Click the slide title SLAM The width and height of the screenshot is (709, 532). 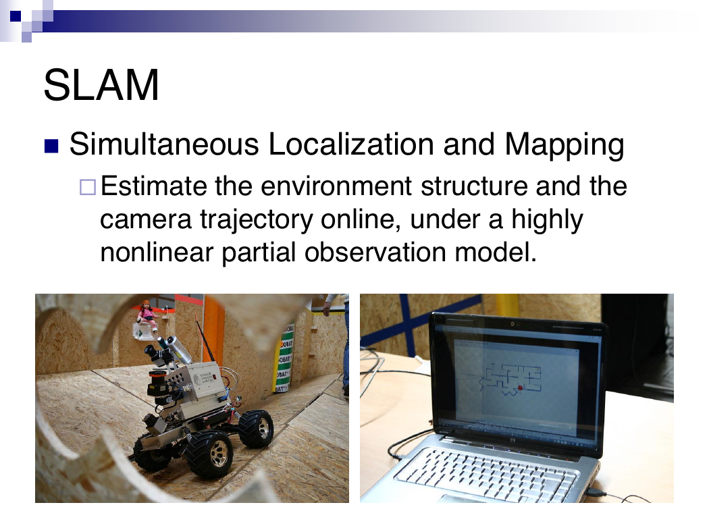101,85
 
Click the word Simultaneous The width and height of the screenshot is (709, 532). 164,144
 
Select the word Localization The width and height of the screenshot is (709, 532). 351,144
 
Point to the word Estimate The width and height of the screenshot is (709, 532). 153,186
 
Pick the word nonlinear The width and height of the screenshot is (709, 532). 157,252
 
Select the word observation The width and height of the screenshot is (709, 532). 375,252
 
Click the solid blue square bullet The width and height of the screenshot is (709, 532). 51,146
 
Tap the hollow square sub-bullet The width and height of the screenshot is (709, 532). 88,187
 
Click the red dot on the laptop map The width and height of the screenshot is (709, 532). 520,388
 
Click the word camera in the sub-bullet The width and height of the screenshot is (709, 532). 146,219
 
